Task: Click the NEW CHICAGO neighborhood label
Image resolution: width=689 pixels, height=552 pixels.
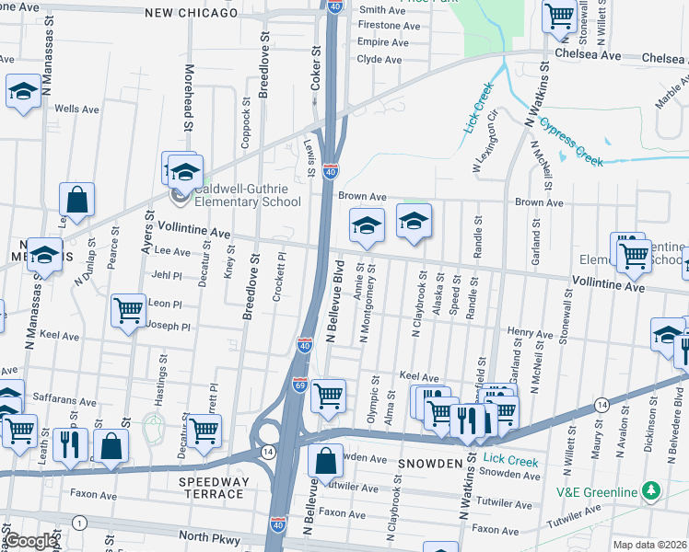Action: point(191,13)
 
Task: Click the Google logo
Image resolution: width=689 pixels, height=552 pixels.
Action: point(29,540)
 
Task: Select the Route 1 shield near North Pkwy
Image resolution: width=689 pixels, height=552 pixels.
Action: point(80,523)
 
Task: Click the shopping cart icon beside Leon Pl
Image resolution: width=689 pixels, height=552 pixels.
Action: point(128,309)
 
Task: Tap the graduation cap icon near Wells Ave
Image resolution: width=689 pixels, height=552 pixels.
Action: point(23,91)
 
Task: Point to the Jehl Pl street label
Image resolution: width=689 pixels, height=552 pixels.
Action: point(167,275)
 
